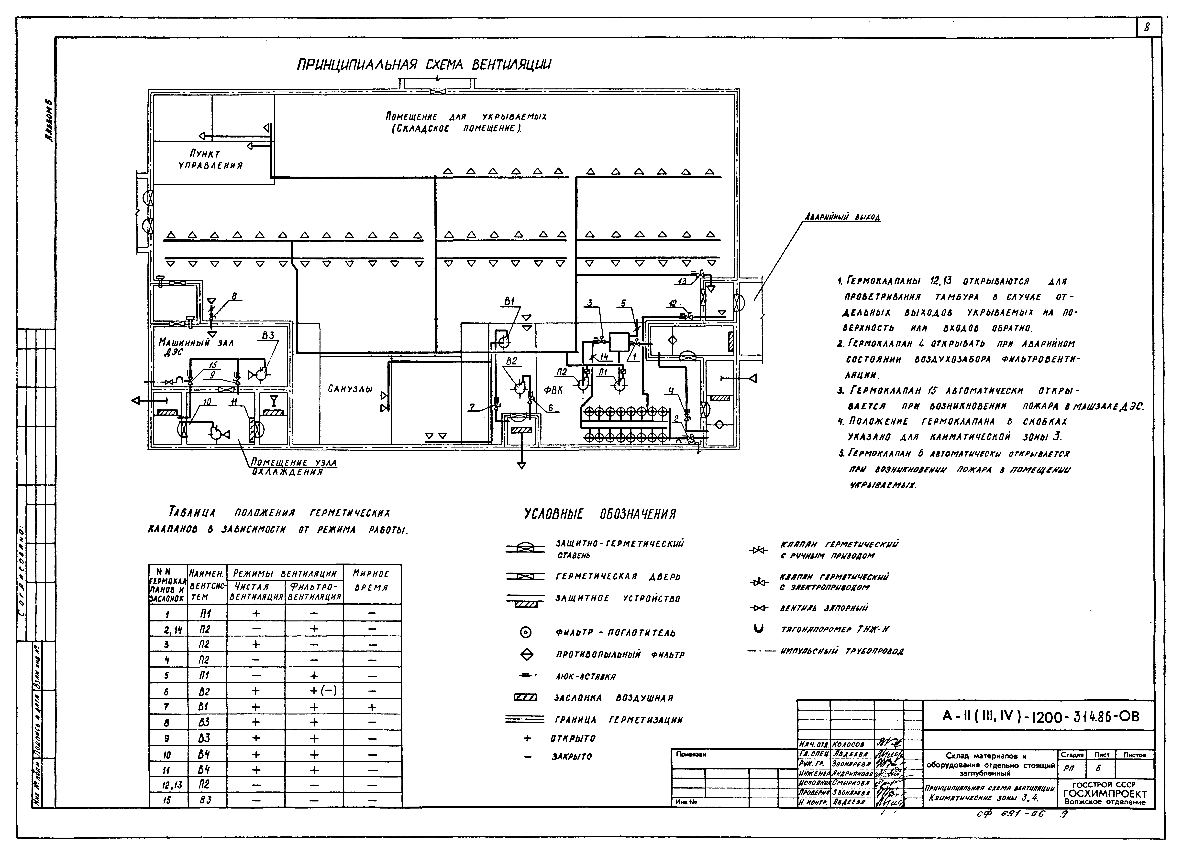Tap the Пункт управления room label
[210, 160]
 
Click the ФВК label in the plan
[553, 389]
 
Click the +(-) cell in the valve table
[314, 691]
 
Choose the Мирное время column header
[372, 580]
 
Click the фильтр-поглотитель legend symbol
[526, 632]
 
